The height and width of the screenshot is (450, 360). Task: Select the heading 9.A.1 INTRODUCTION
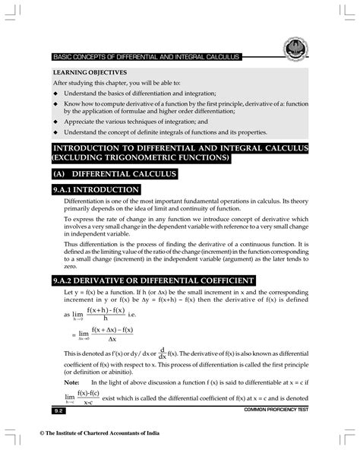(101, 190)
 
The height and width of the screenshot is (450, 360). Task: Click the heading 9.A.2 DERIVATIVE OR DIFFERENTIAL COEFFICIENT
(158, 280)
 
